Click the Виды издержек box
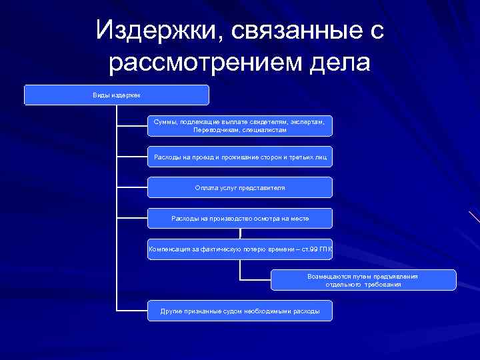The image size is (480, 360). tap(117, 95)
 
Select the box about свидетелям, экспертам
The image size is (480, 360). tap(239, 126)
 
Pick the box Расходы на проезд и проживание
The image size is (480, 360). tap(239, 157)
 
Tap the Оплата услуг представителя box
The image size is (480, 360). tap(239, 188)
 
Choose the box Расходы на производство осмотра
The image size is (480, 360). tap(239, 219)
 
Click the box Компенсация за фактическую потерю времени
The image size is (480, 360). tap(239, 249)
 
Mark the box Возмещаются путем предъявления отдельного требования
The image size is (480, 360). tap(363, 280)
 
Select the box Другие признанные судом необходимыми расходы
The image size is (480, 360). tap(239, 311)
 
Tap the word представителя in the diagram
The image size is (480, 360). tap(262, 188)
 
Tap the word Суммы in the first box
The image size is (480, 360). tap(163, 122)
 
